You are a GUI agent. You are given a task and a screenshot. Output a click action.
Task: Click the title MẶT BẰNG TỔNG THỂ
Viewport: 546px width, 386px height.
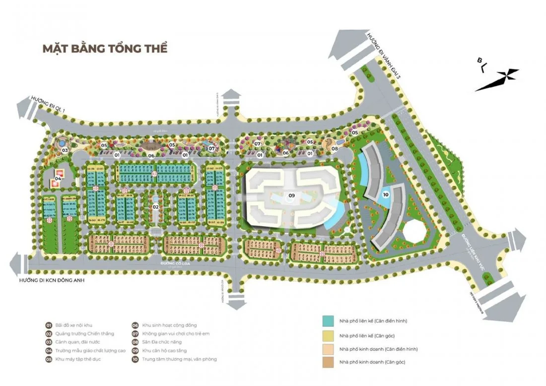pyautogui.click(x=105, y=49)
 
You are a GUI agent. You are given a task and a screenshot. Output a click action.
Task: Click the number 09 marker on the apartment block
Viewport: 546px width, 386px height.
pyautogui.click(x=292, y=195)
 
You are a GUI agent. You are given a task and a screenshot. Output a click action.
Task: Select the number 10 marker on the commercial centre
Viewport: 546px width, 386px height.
pyautogui.click(x=386, y=195)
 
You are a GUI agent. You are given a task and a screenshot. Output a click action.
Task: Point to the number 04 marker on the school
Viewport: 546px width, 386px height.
pyautogui.click(x=58, y=178)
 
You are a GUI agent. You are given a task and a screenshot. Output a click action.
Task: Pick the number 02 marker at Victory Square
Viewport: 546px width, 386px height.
pyautogui.click(x=155, y=206)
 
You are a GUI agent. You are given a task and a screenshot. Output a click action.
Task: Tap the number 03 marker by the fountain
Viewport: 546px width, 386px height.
pyautogui.click(x=65, y=149)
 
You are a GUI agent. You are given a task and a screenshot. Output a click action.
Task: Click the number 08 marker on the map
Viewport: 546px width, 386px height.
pyautogui.click(x=335, y=148)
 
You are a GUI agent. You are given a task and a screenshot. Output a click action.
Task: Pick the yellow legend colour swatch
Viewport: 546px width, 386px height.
pyautogui.click(x=328, y=335)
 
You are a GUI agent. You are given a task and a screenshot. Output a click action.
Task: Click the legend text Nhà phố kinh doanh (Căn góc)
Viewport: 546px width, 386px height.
pyautogui.click(x=372, y=362)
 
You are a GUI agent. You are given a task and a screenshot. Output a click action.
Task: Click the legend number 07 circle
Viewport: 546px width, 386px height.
pyautogui.click(x=135, y=334)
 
